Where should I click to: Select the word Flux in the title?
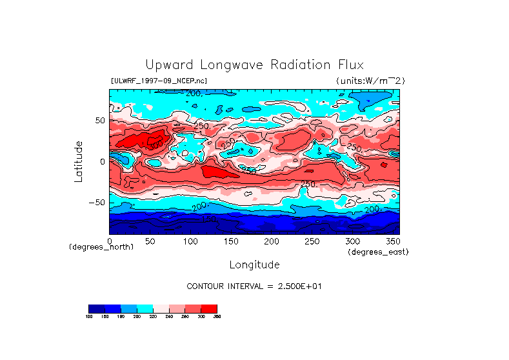(349, 65)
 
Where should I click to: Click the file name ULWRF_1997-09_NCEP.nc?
(159, 81)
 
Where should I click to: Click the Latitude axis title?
(79, 161)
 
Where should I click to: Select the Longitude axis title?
(254, 265)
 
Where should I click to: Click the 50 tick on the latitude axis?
(99, 121)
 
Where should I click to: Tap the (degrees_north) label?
(101, 248)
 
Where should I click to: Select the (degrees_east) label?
(378, 252)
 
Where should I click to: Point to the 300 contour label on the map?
(154, 146)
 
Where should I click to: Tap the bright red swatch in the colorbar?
(209, 308)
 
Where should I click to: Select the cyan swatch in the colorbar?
(145, 308)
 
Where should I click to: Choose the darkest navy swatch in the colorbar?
(96, 308)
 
